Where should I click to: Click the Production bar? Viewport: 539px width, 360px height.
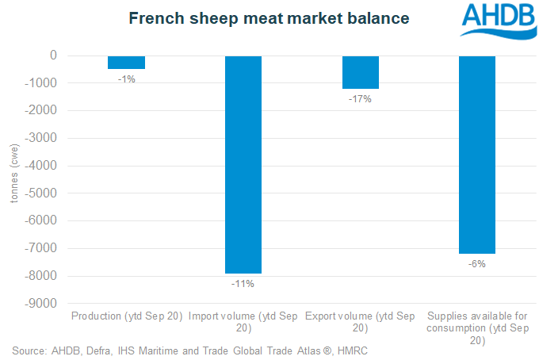click(x=126, y=62)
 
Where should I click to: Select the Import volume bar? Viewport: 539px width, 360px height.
click(x=243, y=164)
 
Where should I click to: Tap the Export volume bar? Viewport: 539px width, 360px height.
click(x=360, y=71)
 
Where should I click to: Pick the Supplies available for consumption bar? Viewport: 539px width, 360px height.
click(x=476, y=155)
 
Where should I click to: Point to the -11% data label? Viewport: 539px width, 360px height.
click(x=243, y=282)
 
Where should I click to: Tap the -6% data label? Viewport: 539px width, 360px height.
click(x=476, y=263)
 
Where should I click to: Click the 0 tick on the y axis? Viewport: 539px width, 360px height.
click(x=52, y=56)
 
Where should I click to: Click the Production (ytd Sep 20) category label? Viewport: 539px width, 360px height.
click(x=127, y=316)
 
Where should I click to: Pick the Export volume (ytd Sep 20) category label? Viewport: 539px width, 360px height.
click(x=360, y=321)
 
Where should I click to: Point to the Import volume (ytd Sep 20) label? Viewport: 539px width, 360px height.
click(x=243, y=321)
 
